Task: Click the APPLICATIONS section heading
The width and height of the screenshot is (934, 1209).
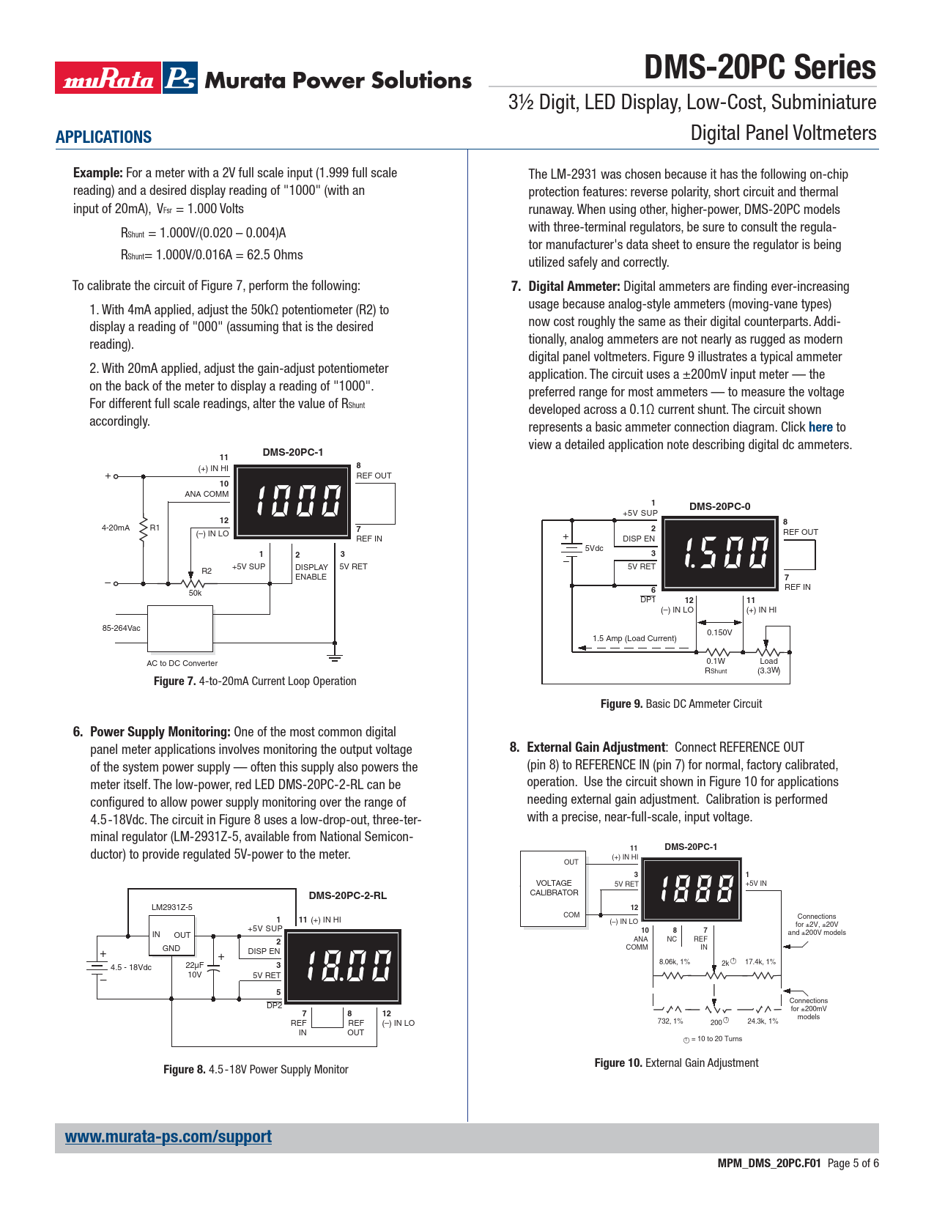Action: pyautogui.click(x=103, y=137)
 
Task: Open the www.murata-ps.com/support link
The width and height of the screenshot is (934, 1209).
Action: pyautogui.click(x=168, y=1136)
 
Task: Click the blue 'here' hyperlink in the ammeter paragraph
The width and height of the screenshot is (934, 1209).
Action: pyautogui.click(x=820, y=427)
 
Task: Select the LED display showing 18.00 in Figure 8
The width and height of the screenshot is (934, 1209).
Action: pyautogui.click(x=342, y=966)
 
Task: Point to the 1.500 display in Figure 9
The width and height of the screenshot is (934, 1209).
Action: pyautogui.click(x=720, y=552)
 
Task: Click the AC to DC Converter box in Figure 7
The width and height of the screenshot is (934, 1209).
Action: pyautogui.click(x=180, y=628)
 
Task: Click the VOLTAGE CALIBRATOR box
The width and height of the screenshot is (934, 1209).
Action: pyautogui.click(x=554, y=888)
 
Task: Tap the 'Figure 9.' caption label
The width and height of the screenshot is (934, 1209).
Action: pyautogui.click(x=621, y=704)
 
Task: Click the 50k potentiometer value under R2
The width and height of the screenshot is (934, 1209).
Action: pyautogui.click(x=195, y=593)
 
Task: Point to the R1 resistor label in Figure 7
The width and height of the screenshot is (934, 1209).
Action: pyautogui.click(x=155, y=528)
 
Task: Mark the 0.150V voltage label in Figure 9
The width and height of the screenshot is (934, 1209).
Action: pyautogui.click(x=719, y=632)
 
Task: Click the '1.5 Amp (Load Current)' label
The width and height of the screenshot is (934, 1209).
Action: pyautogui.click(x=634, y=638)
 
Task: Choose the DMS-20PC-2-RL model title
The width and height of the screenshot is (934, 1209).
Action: pyautogui.click(x=347, y=895)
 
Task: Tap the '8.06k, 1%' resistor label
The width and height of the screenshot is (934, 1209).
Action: pyautogui.click(x=675, y=962)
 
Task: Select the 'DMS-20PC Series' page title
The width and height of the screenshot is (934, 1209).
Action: pyautogui.click(x=760, y=67)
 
